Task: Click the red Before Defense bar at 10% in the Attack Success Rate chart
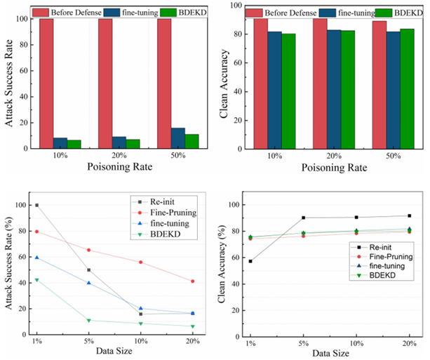click(46, 84)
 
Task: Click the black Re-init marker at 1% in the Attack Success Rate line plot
click(36, 205)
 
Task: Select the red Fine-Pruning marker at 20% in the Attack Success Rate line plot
click(192, 281)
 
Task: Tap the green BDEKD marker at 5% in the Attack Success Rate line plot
click(89, 321)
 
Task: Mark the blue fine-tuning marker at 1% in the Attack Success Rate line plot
click(36, 258)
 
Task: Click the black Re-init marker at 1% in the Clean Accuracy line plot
click(250, 261)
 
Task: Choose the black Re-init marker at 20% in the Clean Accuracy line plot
click(409, 216)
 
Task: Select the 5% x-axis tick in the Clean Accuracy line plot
click(303, 344)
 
